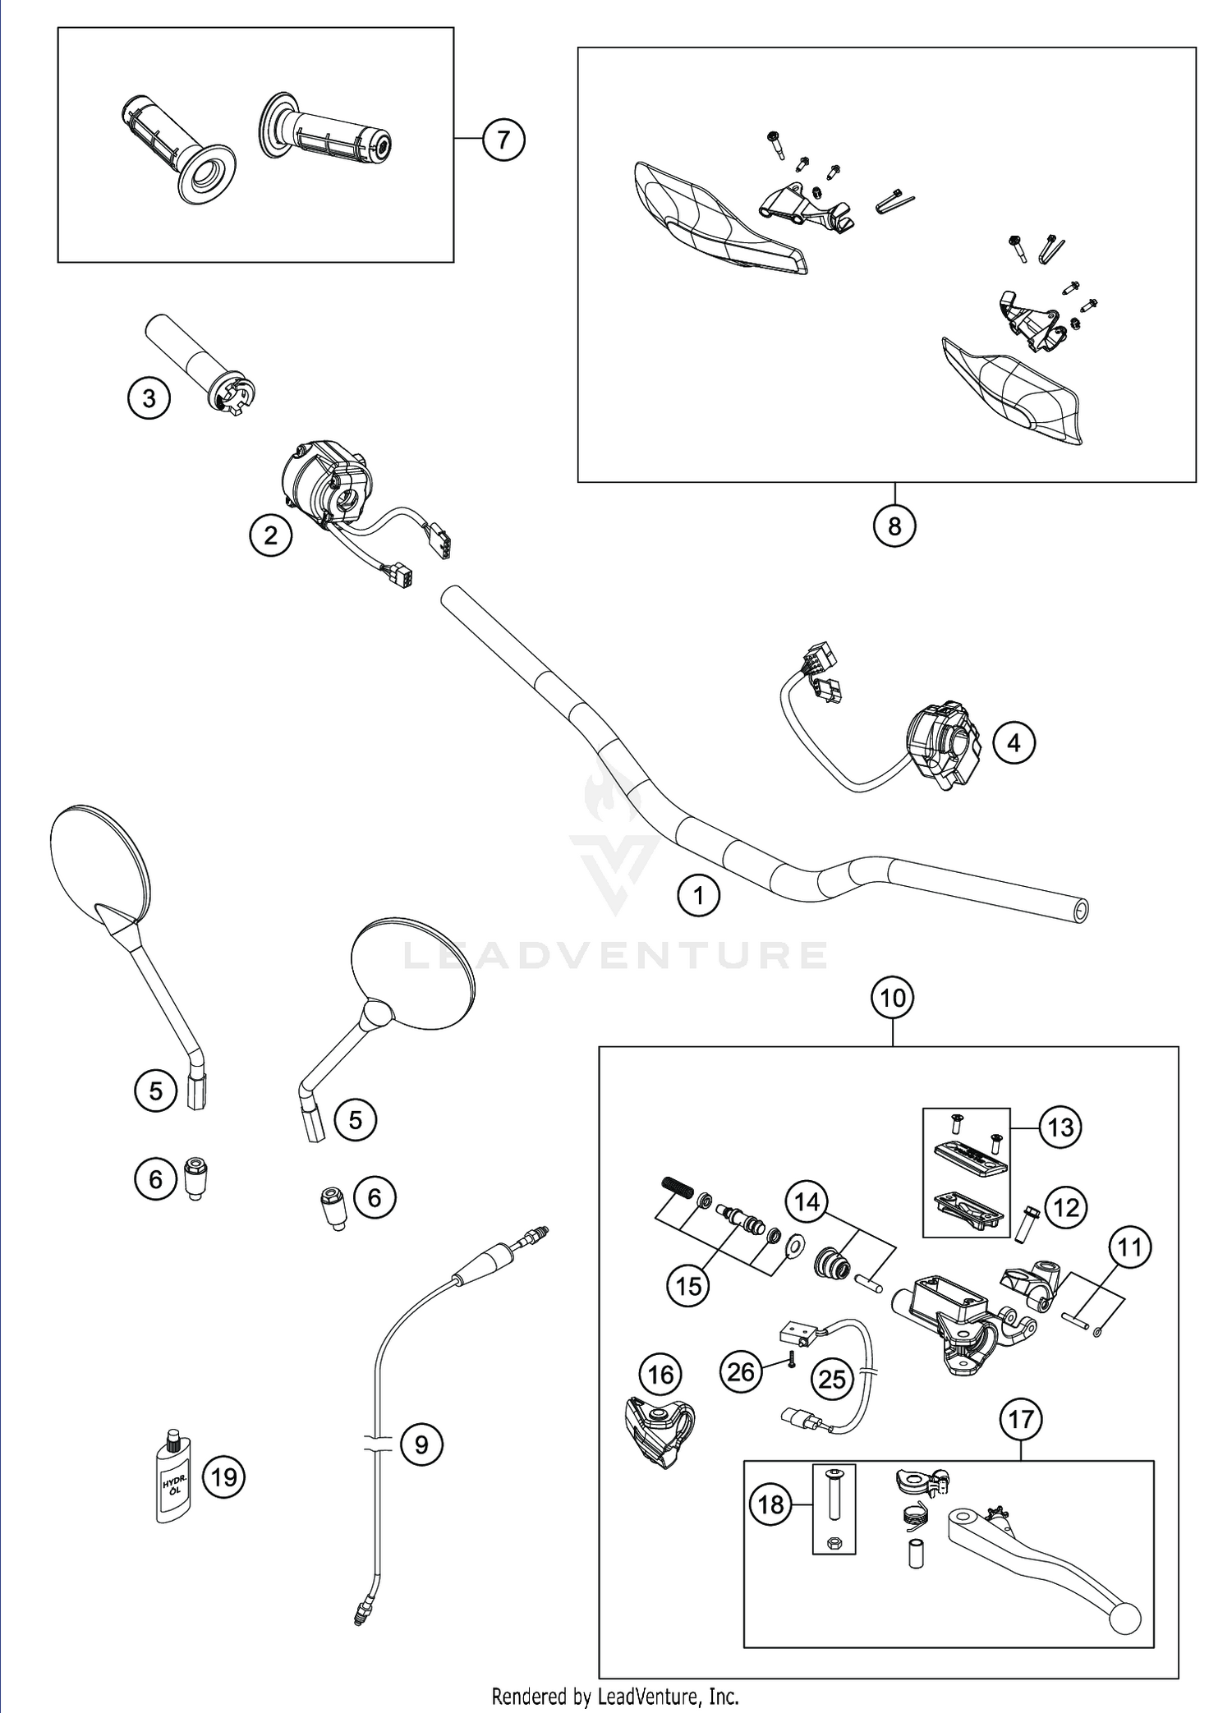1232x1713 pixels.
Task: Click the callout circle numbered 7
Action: click(x=503, y=139)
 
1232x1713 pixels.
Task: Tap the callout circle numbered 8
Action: click(x=894, y=526)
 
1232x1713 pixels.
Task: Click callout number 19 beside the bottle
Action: click(x=223, y=1477)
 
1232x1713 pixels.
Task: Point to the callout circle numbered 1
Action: click(x=698, y=894)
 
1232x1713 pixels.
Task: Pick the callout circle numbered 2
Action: click(x=270, y=535)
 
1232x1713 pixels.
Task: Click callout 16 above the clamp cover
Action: click(x=661, y=1375)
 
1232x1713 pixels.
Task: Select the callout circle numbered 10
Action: click(x=893, y=998)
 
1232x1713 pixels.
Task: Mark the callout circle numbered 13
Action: click(x=1060, y=1127)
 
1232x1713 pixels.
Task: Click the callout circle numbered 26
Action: click(x=741, y=1371)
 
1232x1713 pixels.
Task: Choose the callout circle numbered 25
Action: click(x=832, y=1379)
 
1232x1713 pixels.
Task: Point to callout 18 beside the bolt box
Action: click(x=770, y=1504)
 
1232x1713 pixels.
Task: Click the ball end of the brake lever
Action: click(x=1124, y=1619)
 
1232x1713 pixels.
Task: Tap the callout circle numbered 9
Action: click(x=421, y=1444)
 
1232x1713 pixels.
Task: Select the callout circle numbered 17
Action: click(x=1021, y=1419)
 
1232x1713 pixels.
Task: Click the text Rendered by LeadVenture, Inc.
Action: click(x=615, y=1696)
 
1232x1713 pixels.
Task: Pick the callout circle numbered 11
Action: click(x=1130, y=1247)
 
